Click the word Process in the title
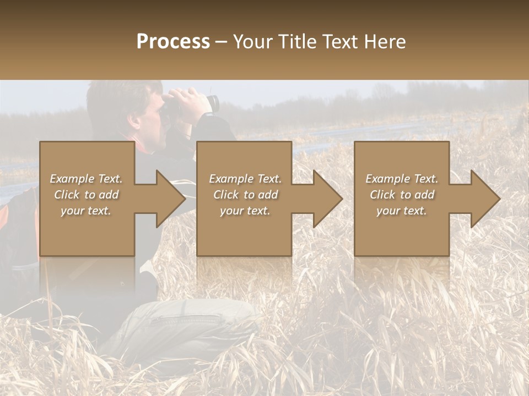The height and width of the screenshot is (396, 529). coord(173,42)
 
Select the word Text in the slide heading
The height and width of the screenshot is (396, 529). coord(341,42)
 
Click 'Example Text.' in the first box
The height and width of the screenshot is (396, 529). coord(87,179)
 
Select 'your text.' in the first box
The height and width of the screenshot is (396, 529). coord(87,211)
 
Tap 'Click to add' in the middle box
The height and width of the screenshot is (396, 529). coord(245,195)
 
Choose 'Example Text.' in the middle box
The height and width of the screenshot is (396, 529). coord(245,179)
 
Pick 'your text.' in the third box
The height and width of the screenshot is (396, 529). coord(402,211)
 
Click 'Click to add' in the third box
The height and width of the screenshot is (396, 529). coord(402,195)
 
